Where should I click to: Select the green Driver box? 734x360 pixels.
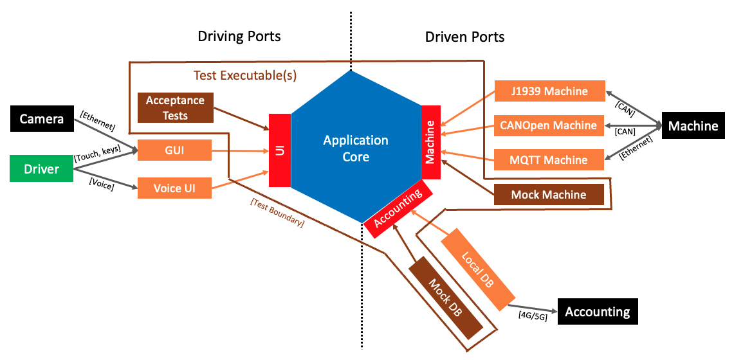click(42, 169)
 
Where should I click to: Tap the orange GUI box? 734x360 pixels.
click(174, 151)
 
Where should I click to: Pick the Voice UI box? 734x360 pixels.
click(174, 188)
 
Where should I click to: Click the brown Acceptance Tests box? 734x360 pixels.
click(175, 107)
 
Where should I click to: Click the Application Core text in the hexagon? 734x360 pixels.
click(356, 148)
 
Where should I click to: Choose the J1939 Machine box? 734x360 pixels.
click(549, 91)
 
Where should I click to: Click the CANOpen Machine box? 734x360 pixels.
click(549, 125)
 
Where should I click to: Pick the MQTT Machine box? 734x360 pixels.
click(549, 159)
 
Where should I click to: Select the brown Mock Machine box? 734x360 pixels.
click(549, 194)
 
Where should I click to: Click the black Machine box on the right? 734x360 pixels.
click(693, 126)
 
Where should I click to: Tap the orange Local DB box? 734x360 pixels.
click(478, 269)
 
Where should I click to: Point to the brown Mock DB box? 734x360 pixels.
click(446, 298)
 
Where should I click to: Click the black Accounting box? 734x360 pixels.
click(597, 312)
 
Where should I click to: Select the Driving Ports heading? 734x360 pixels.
click(239, 36)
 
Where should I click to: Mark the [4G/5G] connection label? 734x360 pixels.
click(533, 316)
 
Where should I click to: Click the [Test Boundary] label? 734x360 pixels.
click(277, 213)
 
